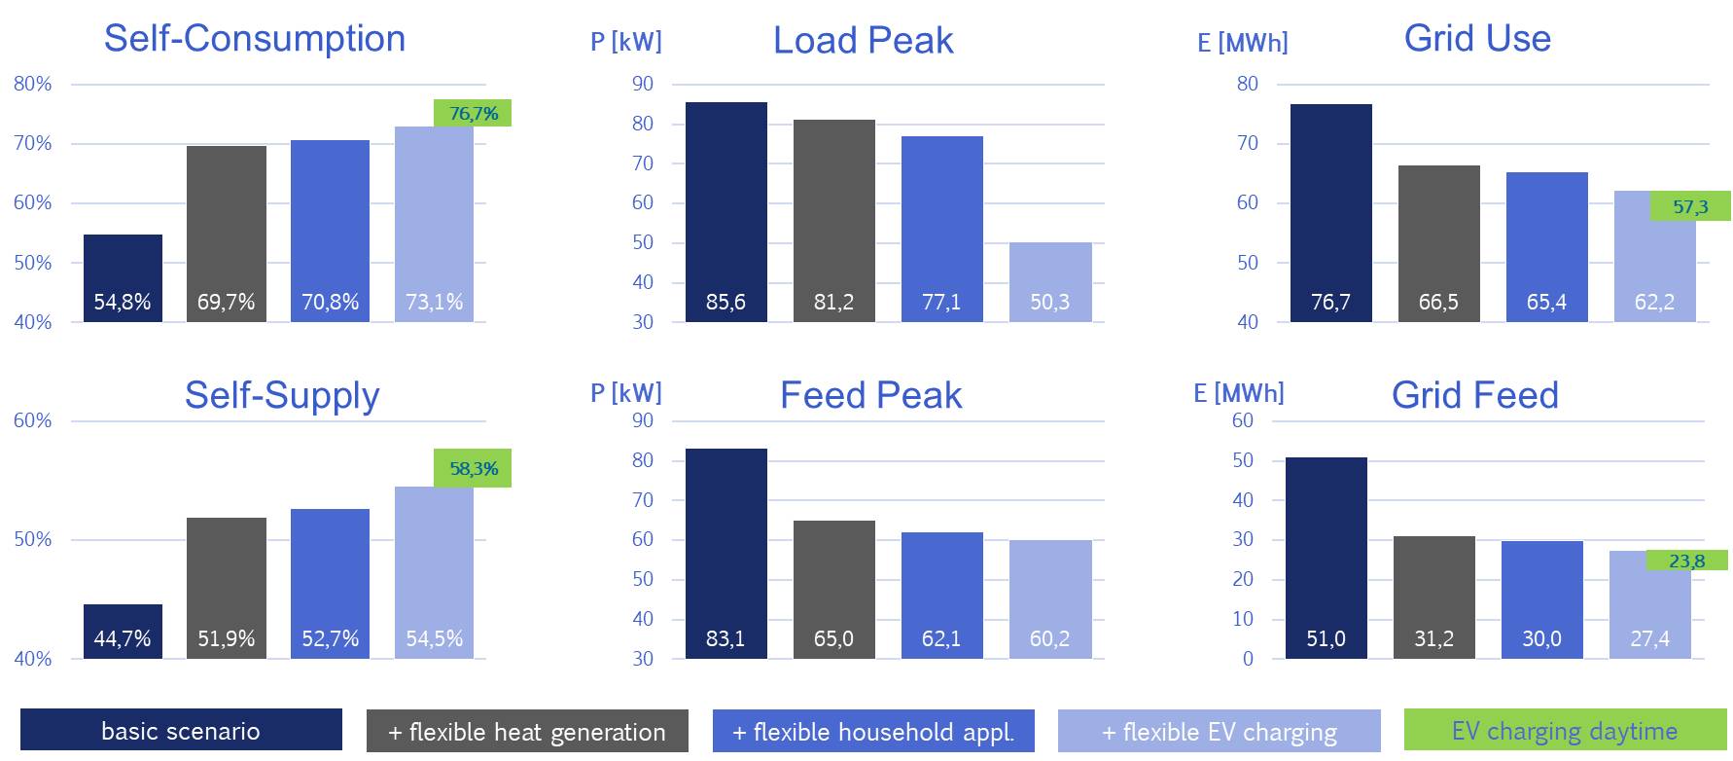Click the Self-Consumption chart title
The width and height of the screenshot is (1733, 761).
click(255, 39)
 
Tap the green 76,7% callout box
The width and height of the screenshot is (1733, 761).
click(473, 113)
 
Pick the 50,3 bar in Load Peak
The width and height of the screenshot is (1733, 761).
click(1050, 282)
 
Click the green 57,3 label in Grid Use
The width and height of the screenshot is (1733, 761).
click(1690, 206)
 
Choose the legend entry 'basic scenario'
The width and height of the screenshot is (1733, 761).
click(181, 730)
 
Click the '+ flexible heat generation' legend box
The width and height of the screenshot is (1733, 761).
click(527, 731)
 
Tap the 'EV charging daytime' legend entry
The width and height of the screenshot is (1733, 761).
click(1565, 730)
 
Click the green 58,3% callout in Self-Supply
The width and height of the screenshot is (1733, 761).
click(473, 468)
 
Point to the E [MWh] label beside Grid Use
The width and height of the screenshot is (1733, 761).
click(1243, 43)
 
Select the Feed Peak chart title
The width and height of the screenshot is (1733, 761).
click(870, 395)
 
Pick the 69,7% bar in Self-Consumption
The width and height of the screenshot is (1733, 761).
click(226, 234)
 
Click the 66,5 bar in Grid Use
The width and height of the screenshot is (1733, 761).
click(1438, 243)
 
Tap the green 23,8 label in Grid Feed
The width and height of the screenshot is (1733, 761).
click(1686, 561)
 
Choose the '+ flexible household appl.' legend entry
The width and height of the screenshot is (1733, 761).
click(872, 731)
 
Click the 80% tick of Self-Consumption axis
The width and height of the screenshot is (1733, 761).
click(33, 85)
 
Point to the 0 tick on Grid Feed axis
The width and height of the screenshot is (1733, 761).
click(1248, 659)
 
